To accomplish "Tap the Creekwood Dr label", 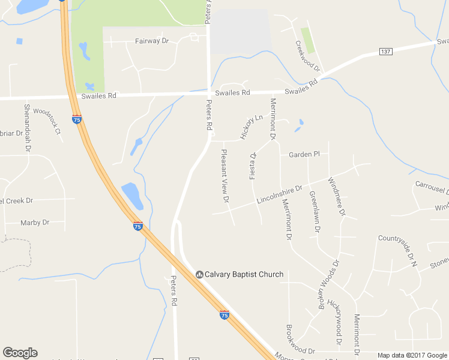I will tap(308, 57).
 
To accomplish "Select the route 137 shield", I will tap(385, 52).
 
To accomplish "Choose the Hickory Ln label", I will tap(252, 127).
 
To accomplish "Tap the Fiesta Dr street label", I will tap(253, 163).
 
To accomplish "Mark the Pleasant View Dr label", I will tap(225, 175).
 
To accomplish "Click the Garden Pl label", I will tap(304, 154).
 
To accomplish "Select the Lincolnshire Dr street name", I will tap(279, 194).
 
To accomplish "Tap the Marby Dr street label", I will tap(35, 223).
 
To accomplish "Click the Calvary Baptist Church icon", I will tap(199, 274).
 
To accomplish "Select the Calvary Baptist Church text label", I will tap(244, 274).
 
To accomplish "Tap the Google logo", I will tap(20, 353).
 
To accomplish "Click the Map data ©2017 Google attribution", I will tap(412, 355).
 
